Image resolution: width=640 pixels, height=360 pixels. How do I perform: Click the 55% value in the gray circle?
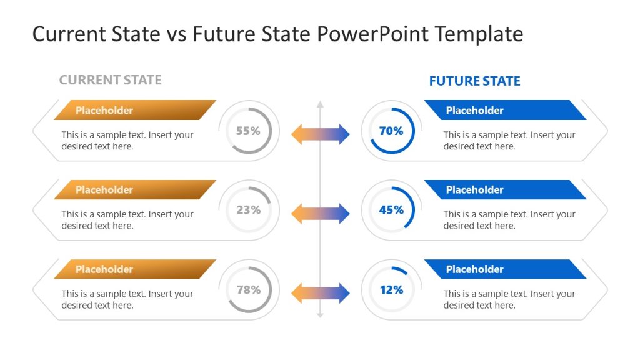point(248,131)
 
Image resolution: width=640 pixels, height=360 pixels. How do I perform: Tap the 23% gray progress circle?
point(248,210)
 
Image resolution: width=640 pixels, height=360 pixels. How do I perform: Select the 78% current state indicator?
point(248,289)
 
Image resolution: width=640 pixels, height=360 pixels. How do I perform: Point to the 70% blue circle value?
point(391,131)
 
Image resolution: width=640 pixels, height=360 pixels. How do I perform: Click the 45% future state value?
point(391,210)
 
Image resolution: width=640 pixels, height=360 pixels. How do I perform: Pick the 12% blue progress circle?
point(391,289)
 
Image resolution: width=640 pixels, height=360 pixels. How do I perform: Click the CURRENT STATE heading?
point(110,80)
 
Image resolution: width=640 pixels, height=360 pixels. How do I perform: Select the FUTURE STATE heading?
point(474,81)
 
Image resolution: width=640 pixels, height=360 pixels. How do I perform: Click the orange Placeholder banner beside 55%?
point(134,110)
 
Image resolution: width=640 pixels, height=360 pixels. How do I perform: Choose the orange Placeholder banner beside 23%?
point(134,189)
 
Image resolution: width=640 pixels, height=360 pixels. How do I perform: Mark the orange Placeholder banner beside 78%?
point(134,269)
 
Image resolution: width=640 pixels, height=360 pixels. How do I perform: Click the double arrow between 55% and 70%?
point(320,134)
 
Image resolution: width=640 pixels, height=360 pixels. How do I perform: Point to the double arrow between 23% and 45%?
point(320,213)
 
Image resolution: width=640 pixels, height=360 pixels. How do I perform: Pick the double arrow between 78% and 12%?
point(320,293)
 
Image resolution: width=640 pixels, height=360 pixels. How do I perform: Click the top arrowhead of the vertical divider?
point(320,103)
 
